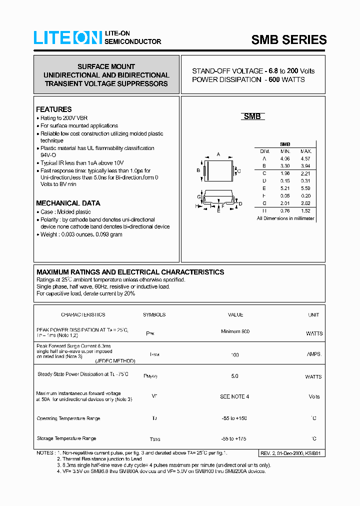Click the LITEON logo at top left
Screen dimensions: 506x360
coord(67,37)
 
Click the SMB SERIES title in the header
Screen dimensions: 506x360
coord(289,40)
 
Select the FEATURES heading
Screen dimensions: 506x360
coord(54,109)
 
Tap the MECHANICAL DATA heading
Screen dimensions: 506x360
coord(68,203)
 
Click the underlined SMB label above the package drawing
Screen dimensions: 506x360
coord(252,116)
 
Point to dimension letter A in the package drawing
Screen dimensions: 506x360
coord(218,154)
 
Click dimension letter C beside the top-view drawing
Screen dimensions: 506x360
coord(239,171)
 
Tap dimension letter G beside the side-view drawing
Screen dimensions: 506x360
coord(198,197)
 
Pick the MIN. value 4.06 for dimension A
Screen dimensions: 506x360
coord(285,158)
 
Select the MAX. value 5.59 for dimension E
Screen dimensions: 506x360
coord(306,189)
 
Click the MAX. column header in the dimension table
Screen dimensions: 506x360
coord(306,151)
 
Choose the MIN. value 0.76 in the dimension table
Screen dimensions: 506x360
coord(285,211)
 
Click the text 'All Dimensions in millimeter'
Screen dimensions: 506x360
coord(285,218)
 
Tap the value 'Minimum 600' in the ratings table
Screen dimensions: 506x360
coord(235,331)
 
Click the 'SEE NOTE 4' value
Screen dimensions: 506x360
coord(234,396)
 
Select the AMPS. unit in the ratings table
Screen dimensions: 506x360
coord(314,354)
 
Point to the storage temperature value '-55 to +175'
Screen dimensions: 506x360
coord(234,438)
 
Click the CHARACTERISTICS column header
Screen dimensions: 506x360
coord(83,315)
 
